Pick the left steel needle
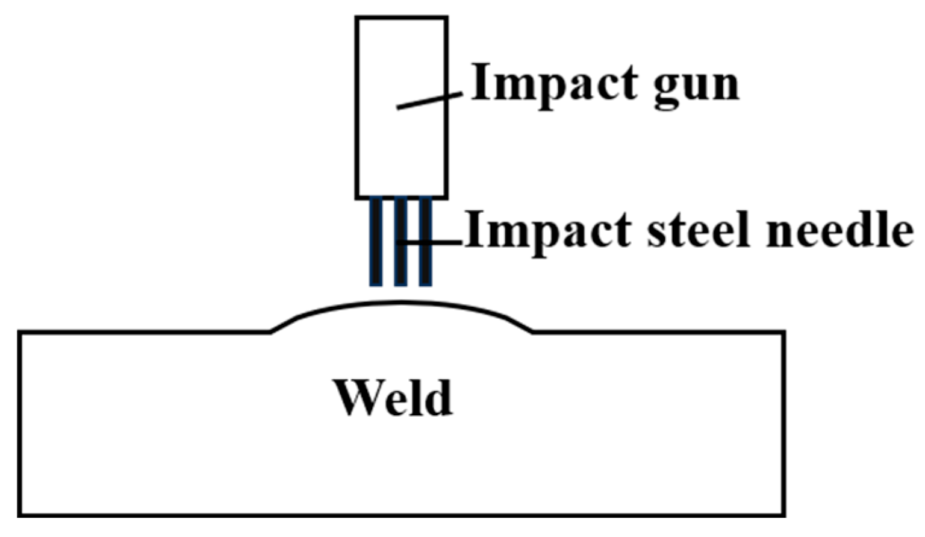click(x=376, y=241)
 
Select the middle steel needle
click(x=400, y=241)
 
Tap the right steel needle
click(x=425, y=241)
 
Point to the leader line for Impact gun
click(x=429, y=101)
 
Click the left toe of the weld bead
click(x=271, y=331)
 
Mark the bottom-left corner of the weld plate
click(x=20, y=515)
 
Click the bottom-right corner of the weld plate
click(x=783, y=515)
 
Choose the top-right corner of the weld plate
click(x=783, y=332)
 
